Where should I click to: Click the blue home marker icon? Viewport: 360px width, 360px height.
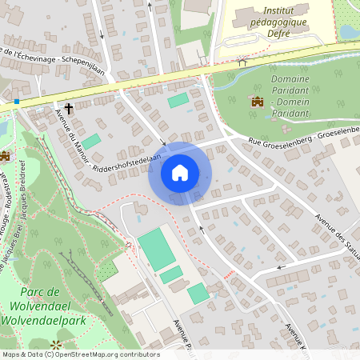179,173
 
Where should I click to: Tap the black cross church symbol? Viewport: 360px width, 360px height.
69,108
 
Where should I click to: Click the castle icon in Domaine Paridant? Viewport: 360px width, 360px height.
258,102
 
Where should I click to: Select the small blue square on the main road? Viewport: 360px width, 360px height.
17,102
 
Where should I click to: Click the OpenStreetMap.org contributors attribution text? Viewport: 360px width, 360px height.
104,354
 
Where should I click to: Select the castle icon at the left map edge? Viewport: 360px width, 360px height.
5,155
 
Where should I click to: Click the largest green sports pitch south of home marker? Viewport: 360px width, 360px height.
156,250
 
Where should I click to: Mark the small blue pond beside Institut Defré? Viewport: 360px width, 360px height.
349,32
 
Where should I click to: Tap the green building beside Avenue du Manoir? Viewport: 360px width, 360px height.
91,142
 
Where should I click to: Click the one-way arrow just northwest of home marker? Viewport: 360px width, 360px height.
163,144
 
